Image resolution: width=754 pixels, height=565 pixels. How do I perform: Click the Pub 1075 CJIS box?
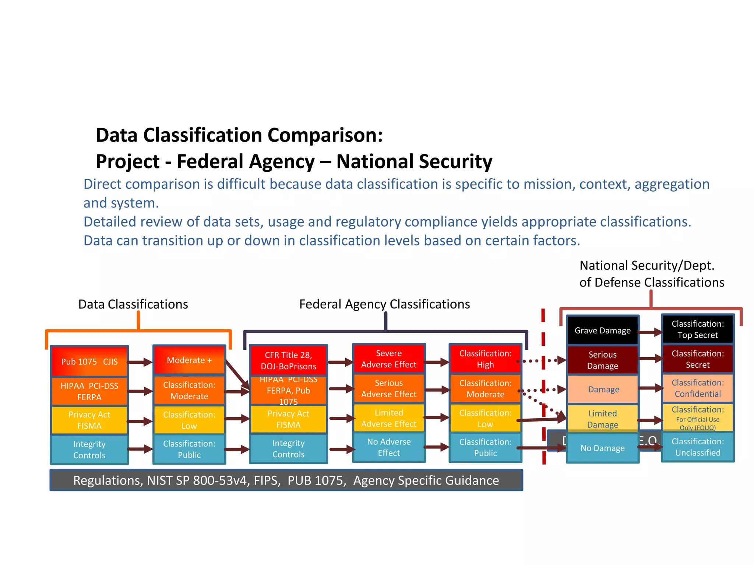89,361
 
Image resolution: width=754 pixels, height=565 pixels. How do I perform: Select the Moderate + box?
189,360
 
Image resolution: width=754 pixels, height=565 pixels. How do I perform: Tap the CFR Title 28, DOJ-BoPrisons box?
288,360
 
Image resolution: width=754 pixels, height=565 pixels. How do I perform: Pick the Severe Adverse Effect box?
389,359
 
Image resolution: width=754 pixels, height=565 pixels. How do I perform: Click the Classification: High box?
485,359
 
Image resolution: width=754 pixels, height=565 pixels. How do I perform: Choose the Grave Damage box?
602,330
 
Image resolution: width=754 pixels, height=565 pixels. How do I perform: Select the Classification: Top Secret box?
697,329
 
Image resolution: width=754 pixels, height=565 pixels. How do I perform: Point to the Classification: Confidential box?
697,388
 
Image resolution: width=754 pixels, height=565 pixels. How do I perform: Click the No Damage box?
602,448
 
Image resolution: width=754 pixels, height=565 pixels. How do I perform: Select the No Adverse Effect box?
389,447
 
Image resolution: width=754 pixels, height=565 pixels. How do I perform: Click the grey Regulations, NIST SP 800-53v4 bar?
286,480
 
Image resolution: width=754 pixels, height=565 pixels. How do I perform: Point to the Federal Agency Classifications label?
384,304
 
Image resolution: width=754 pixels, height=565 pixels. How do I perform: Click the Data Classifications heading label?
133,304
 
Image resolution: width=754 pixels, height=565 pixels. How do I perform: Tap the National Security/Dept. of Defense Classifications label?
651,274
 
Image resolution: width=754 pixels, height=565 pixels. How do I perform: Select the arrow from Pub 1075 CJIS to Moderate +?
140,362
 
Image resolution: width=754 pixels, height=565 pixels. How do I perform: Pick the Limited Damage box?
602,419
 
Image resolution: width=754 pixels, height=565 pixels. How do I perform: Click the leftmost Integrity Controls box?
89,449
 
